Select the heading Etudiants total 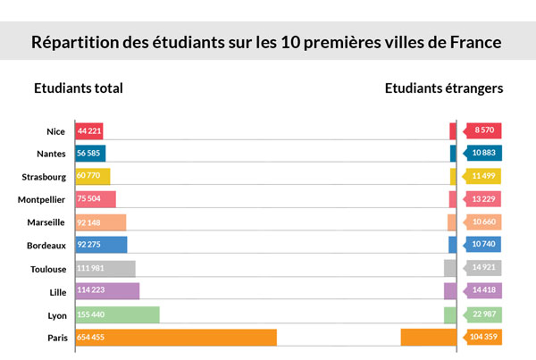(79, 88)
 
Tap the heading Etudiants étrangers (444, 88)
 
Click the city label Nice (55, 131)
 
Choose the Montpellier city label (41, 199)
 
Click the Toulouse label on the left (47, 268)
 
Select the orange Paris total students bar (176, 338)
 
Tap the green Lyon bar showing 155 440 (117, 314)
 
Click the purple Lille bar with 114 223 (107, 291)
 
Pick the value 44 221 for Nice (89, 131)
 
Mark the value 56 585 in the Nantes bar (89, 153)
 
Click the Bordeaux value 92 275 (94, 245)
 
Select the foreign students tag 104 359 (482, 338)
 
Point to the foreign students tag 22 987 (483, 314)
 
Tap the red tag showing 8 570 (483, 130)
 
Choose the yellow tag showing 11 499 (483, 176)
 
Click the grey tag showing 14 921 (483, 268)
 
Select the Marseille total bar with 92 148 (100, 222)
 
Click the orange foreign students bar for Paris (428, 338)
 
